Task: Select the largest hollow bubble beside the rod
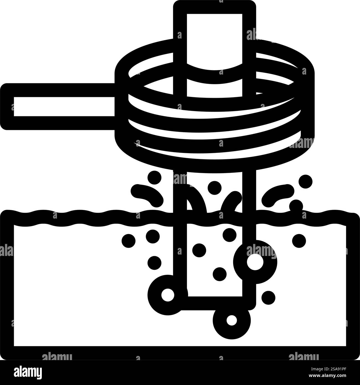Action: (255, 262)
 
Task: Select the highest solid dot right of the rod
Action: (305, 181)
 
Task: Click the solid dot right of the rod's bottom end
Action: (268, 297)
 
